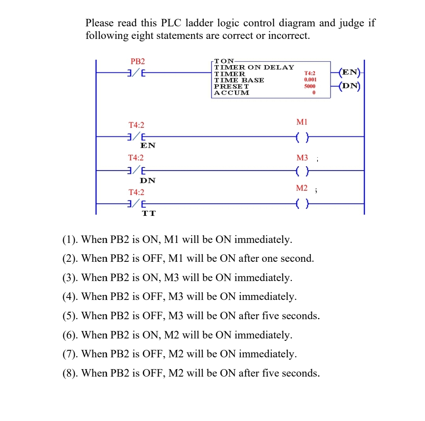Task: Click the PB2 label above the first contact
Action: pos(138,61)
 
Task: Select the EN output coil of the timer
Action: pos(350,72)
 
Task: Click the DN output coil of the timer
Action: pos(350,86)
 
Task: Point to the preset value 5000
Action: pos(310,86)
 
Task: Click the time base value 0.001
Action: pos(310,79)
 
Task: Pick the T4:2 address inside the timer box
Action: pos(310,73)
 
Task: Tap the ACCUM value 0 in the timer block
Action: pos(314,93)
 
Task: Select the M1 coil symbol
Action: pos(302,137)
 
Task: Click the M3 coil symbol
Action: pos(302,171)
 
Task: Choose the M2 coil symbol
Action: pos(302,204)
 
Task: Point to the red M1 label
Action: pos(302,122)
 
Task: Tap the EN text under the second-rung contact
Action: pos(148,145)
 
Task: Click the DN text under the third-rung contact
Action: pos(148,180)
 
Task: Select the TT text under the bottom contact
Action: pos(148,213)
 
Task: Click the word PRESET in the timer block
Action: pos(231,86)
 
